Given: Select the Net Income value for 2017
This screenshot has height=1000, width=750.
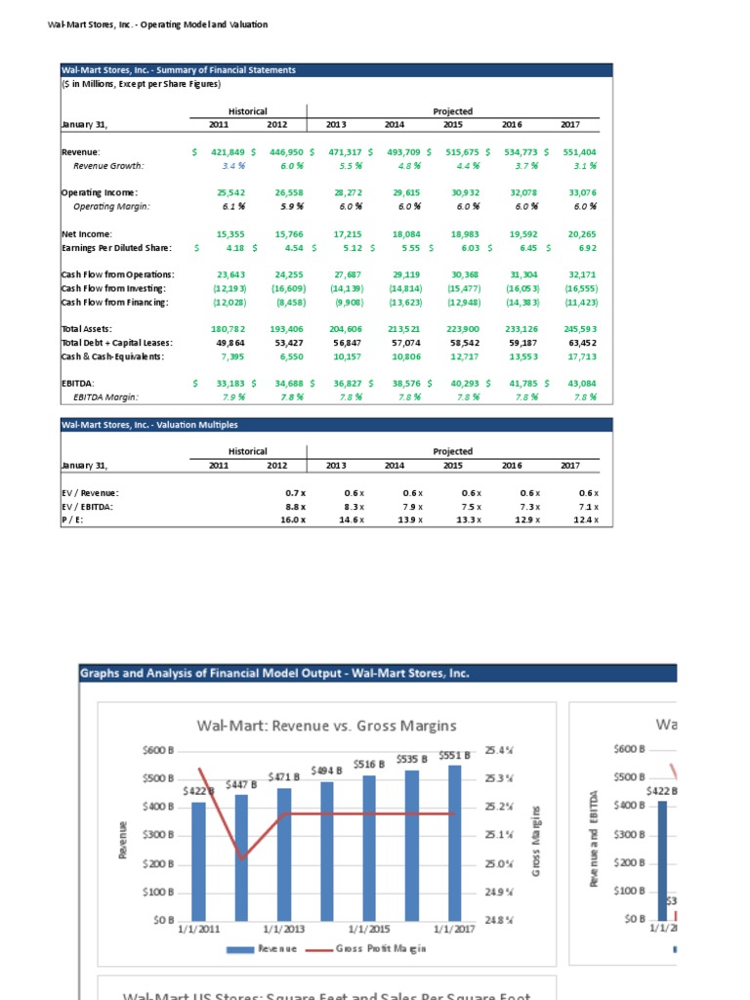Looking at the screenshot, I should (580, 234).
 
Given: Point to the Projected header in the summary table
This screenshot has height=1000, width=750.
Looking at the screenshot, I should (452, 111).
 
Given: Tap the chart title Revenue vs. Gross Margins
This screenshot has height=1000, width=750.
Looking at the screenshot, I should (326, 725).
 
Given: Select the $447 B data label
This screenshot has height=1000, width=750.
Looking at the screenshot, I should (240, 784).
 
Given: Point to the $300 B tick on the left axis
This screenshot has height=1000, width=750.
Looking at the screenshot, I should (157, 835).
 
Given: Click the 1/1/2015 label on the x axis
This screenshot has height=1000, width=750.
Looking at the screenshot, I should (370, 930).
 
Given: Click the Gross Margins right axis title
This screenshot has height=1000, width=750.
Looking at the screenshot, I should (536, 840).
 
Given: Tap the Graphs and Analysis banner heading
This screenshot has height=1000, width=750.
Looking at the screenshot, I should (274, 674).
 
